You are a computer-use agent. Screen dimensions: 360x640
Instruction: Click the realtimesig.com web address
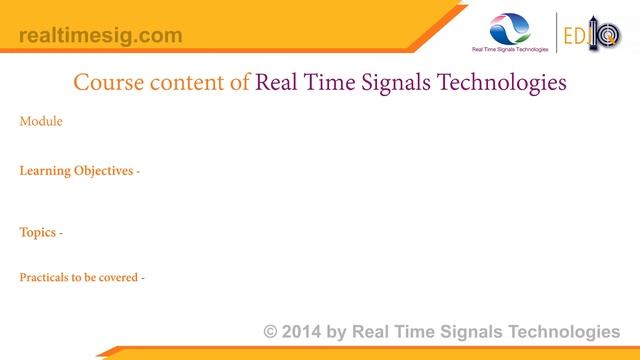tap(101, 36)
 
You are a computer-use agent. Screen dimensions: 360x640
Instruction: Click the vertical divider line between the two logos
tap(556, 33)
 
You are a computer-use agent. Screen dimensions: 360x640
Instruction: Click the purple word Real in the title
tap(277, 83)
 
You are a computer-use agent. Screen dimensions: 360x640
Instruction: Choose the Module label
tap(41, 122)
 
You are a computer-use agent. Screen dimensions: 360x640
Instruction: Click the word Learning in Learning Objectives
tap(46, 171)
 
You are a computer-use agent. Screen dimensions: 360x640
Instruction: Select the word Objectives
tap(104, 171)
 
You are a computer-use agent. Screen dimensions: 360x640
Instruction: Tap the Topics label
tap(38, 233)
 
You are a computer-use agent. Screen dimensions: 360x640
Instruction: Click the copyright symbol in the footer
tap(271, 332)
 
